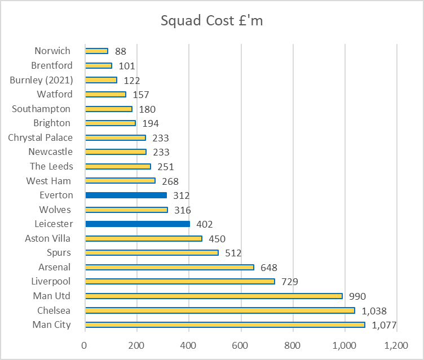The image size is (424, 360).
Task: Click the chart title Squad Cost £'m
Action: point(211,21)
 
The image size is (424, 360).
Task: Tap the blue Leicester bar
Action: point(138,224)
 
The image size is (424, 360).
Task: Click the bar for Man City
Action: point(225,325)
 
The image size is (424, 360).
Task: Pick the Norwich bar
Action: point(96,51)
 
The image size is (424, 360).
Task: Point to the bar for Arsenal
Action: point(169,267)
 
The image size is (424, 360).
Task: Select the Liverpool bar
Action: point(180,281)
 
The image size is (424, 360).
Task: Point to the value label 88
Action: point(121,51)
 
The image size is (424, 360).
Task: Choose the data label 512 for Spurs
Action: point(233,253)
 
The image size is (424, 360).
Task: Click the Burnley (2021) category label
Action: point(41,80)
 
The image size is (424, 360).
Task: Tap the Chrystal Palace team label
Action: point(40,137)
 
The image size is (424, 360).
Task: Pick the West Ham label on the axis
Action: point(50,181)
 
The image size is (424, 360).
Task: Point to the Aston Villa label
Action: point(48,238)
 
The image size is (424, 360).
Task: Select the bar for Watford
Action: point(105,94)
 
